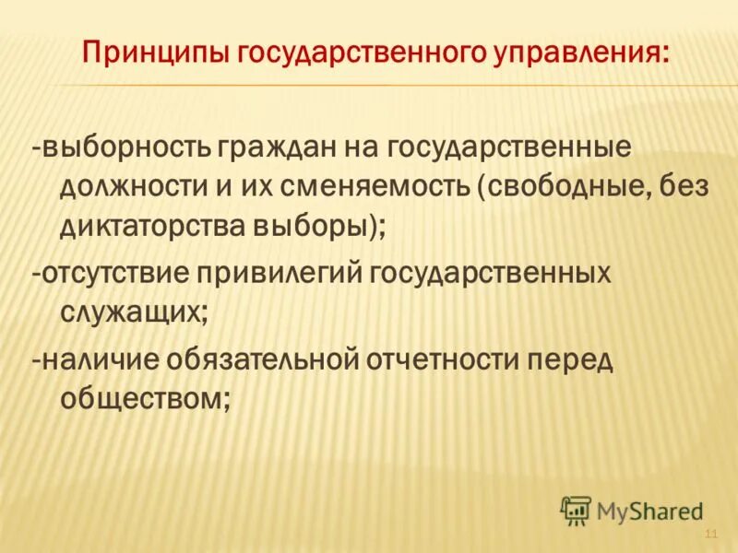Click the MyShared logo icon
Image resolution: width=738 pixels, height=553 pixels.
tap(576, 510)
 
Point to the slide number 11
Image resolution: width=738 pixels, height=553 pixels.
tap(710, 536)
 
